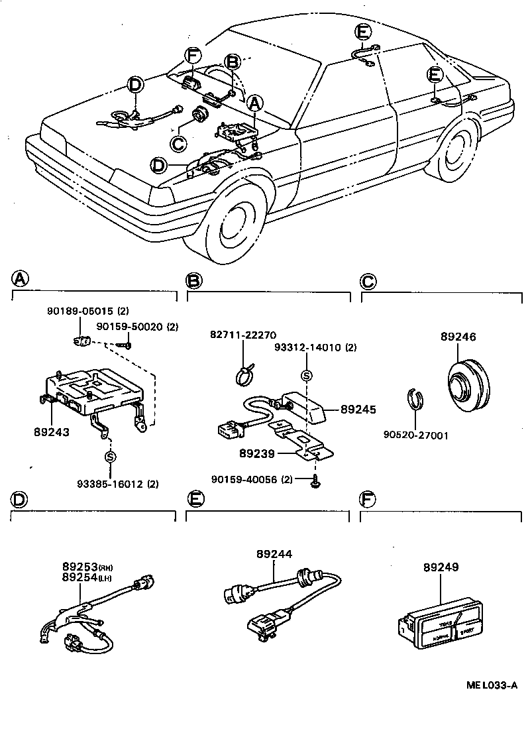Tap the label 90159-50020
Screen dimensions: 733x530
[130, 326]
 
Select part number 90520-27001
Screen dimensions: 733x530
[416, 435]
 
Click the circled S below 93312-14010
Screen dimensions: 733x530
[305, 375]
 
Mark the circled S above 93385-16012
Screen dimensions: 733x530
[111, 457]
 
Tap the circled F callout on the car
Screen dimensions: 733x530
[192, 56]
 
